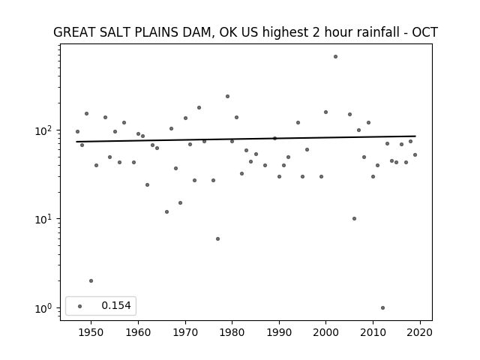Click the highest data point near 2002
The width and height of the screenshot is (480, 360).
pos(335,57)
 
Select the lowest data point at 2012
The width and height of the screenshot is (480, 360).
pos(382,308)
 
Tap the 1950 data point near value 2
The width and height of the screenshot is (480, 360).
pos(91,281)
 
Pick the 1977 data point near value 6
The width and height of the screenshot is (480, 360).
pos(217,238)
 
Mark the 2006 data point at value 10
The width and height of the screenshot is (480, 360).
pos(354,218)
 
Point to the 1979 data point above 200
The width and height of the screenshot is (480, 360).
pos(227,97)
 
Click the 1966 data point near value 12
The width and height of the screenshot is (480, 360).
pos(166,211)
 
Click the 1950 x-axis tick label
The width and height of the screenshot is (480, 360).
pos(91,332)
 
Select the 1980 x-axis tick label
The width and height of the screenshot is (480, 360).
pos(232,332)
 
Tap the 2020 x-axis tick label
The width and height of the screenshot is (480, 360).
pos(420,332)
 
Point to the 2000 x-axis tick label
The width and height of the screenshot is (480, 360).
pos(325,332)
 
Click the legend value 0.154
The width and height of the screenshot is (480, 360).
pos(116,305)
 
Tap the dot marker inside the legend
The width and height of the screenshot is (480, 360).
pos(79,306)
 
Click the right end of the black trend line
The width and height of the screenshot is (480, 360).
pos(415,136)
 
